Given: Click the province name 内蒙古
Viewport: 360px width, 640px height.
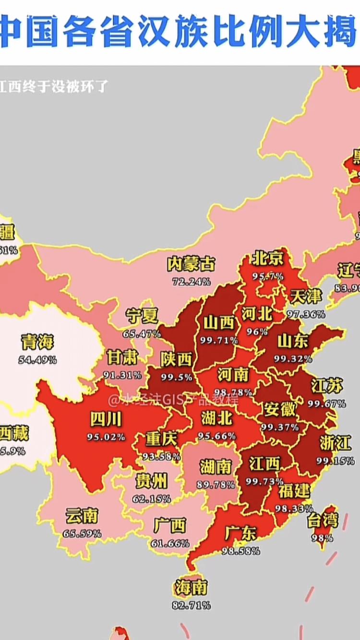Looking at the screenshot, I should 191,264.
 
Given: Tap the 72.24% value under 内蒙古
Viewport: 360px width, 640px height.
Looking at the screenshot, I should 191,282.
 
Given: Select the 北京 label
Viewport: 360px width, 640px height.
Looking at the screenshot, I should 268,259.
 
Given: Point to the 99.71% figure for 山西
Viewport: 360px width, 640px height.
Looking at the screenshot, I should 219,340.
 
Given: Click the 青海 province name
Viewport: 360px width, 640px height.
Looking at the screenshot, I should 37,342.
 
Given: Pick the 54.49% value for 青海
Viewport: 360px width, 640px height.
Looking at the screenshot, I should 37,359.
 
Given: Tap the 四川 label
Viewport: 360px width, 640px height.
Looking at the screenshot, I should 106,420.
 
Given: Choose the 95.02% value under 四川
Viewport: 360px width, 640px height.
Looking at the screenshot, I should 106,437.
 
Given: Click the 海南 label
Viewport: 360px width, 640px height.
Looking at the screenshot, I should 191,587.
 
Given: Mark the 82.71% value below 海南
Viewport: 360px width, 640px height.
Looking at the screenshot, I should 191,605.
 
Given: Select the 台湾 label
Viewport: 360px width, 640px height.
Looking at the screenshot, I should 323,520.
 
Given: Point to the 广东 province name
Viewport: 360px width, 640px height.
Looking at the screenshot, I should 240,533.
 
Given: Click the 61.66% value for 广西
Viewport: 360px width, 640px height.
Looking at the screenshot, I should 170,544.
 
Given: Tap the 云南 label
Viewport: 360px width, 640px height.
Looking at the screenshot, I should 82,516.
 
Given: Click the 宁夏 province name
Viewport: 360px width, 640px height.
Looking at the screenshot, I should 142,316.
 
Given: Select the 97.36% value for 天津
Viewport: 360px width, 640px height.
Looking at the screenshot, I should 306,314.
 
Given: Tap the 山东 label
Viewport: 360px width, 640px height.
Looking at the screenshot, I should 293,341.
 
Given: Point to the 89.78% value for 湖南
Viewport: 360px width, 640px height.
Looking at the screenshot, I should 216,485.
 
